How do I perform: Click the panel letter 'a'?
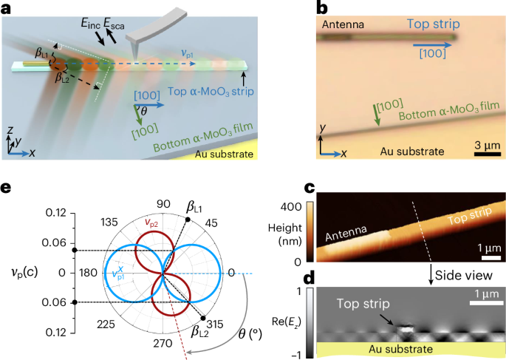click(7, 8)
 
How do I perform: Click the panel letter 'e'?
click(7, 190)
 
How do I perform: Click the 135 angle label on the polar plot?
click(111, 222)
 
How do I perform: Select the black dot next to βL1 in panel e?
click(188, 220)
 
